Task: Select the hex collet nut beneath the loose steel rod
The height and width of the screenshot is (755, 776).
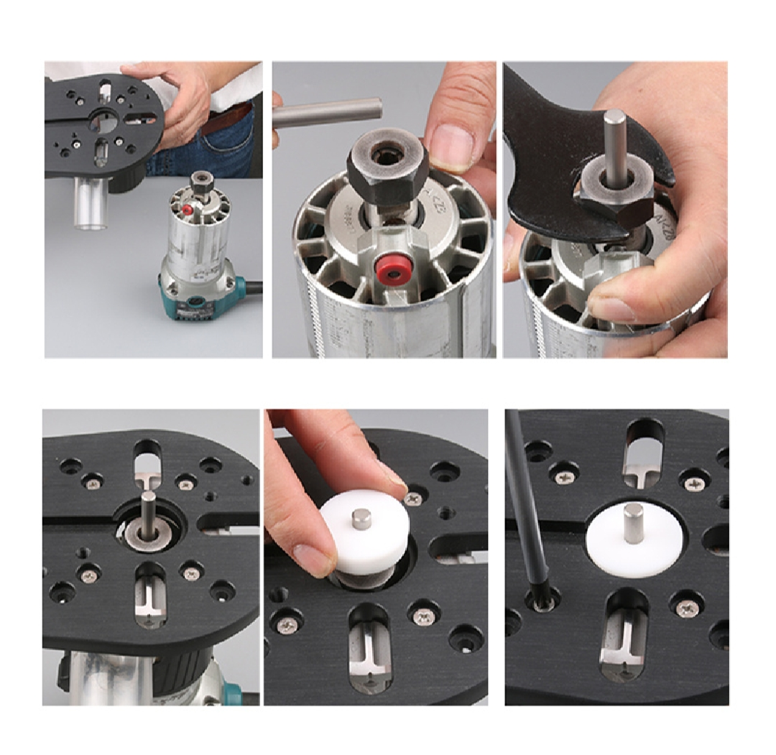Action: (x=387, y=166)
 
